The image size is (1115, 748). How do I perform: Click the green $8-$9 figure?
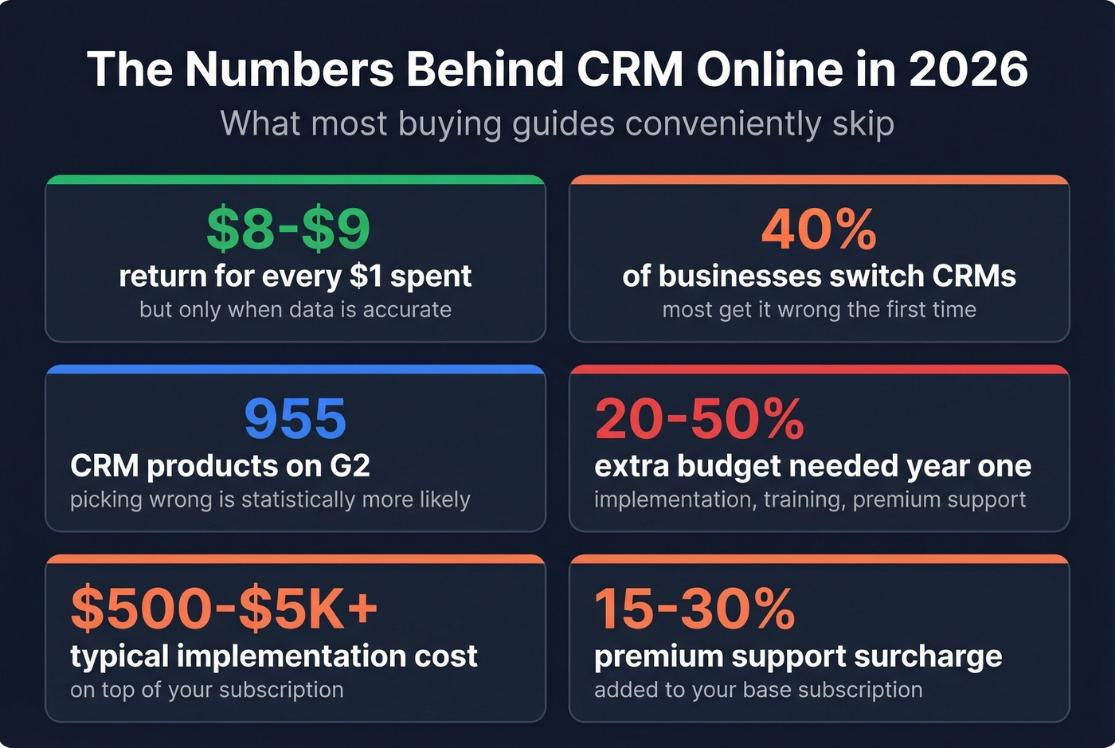pyautogui.click(x=288, y=229)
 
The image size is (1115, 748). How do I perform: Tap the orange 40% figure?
pyautogui.click(x=819, y=229)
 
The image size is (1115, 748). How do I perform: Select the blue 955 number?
pyautogui.click(x=295, y=419)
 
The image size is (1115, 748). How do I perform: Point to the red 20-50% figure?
pyautogui.click(x=699, y=419)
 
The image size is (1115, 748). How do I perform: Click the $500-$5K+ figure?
pyautogui.click(x=224, y=609)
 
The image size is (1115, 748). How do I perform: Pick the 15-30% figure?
pyautogui.click(x=694, y=609)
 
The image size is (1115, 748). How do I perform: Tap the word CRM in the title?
pyautogui.click(x=630, y=69)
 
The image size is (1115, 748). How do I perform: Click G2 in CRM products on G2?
pyautogui.click(x=350, y=466)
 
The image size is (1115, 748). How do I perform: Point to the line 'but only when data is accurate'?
pyautogui.click(x=295, y=310)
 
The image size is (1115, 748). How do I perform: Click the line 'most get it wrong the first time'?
pyautogui.click(x=819, y=310)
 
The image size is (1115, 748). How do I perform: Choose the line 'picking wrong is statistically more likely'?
pyautogui.click(x=270, y=500)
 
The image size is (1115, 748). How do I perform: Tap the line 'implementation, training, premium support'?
pyautogui.click(x=810, y=500)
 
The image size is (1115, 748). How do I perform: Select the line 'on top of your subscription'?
pyautogui.click(x=207, y=690)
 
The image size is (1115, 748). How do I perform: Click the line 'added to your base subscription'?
pyautogui.click(x=758, y=690)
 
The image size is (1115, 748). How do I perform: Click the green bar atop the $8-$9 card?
pyautogui.click(x=295, y=180)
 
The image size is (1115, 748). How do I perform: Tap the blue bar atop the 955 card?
pyautogui.click(x=295, y=370)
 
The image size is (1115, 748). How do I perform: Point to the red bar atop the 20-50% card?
pyautogui.click(x=819, y=370)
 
